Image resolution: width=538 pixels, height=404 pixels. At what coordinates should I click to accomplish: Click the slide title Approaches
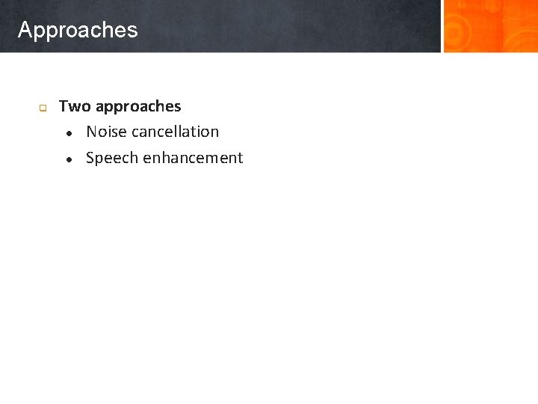coord(78,30)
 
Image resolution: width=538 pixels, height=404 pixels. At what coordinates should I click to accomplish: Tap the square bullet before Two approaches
coord(43,108)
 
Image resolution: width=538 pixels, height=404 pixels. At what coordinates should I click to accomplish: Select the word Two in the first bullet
coord(75,106)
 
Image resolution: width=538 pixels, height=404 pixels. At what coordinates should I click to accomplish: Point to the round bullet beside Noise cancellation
coord(68,133)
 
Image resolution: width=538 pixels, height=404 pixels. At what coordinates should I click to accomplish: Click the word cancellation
coord(174,132)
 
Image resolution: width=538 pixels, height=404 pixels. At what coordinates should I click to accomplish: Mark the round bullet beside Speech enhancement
coord(68,159)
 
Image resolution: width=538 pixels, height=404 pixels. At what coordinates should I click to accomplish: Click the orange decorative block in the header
coord(489,26)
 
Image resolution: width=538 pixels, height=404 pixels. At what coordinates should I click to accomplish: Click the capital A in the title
coord(25,30)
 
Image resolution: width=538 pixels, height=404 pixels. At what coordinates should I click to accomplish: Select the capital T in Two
coord(64,106)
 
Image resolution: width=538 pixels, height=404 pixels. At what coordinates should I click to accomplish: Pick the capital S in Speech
coord(90,158)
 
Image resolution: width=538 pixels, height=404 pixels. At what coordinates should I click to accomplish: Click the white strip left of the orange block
coord(442,26)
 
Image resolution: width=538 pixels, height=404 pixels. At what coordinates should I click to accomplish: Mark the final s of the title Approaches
coord(133,31)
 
